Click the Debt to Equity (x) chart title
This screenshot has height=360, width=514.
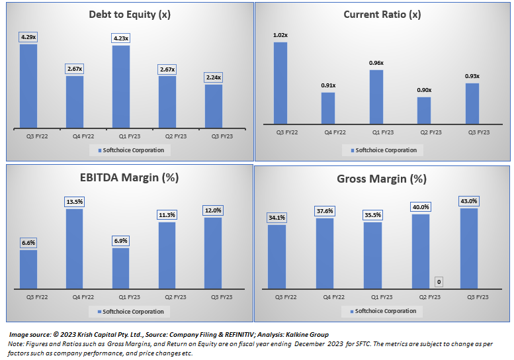pyautogui.click(x=130, y=14)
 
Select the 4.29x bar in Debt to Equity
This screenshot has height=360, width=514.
pyautogui.click(x=28, y=85)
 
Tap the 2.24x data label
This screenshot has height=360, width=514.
pyautogui.click(x=213, y=77)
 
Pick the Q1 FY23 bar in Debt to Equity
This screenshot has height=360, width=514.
pyautogui.click(x=121, y=85)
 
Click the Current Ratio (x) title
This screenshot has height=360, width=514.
pyautogui.click(x=382, y=14)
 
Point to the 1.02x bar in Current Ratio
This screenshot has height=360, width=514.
pyautogui.click(x=280, y=83)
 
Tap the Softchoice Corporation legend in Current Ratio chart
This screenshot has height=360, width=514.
pyautogui.click(x=382, y=150)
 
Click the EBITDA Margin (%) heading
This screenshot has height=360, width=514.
pyautogui.click(x=130, y=177)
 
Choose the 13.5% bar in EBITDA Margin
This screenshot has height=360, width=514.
pyautogui.click(x=74, y=248)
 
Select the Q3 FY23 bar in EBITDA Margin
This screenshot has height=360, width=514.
pyautogui.click(x=213, y=253)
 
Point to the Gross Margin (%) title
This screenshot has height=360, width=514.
pyautogui.click(x=382, y=179)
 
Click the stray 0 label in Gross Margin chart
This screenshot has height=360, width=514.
pyautogui.click(x=439, y=283)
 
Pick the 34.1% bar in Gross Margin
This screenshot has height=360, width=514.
pyautogui.click(x=277, y=256)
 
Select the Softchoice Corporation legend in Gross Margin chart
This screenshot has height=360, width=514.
pyautogui.click(x=382, y=311)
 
